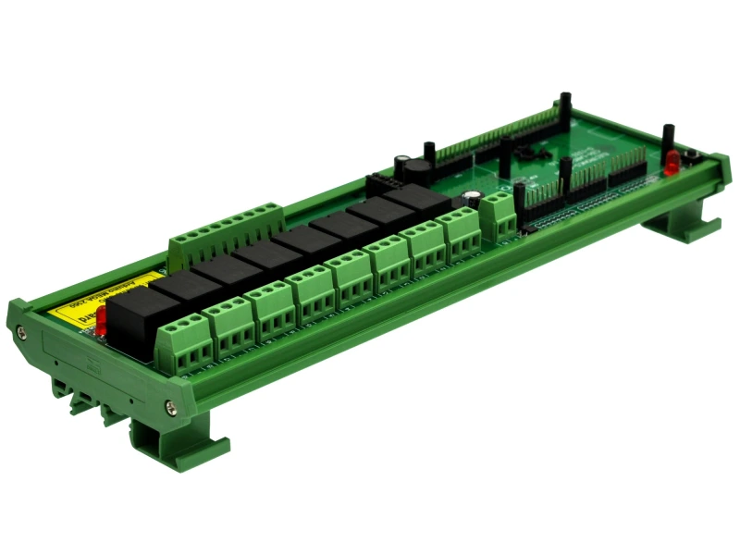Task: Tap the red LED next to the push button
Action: point(671,164)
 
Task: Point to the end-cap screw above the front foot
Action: point(170,404)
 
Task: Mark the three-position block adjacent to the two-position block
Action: point(461,236)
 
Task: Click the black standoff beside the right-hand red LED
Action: point(665,138)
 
